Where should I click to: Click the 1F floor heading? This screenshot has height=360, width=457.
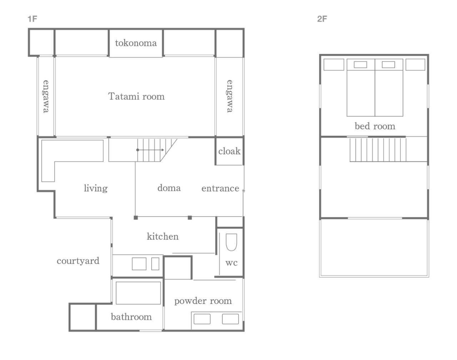[32, 19]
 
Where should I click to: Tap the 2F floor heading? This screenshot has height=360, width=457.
[322, 19]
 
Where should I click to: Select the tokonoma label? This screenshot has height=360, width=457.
[136, 43]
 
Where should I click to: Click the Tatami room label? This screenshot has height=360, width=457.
[136, 96]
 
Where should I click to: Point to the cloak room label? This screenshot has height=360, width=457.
[229, 151]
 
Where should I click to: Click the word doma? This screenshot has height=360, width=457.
[169, 188]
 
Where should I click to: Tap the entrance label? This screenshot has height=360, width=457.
[220, 189]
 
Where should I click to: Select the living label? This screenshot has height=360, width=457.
[96, 188]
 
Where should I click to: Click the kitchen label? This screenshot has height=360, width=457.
[163, 236]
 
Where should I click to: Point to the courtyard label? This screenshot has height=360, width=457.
[78, 261]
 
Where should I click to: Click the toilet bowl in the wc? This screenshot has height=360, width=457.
[231, 242]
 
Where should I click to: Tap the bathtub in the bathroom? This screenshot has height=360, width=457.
[138, 293]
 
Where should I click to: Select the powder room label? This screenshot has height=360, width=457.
[203, 301]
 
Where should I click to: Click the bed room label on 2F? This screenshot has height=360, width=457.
[375, 126]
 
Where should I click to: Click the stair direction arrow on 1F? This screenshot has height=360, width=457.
[150, 150]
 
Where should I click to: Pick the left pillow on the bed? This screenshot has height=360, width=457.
[360, 65]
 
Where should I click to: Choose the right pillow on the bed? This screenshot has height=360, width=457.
[388, 65]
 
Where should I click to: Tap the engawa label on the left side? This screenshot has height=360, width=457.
[46, 96]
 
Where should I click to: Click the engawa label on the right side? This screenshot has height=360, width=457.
[230, 96]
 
